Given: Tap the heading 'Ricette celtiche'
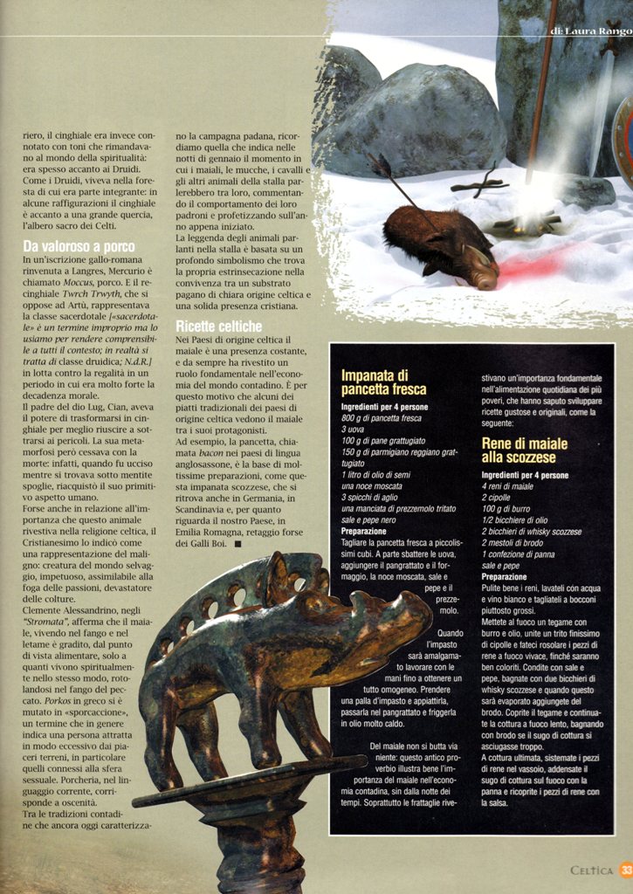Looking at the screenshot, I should click(218, 326).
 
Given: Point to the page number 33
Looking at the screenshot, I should click(626, 870).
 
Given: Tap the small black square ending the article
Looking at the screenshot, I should click(238, 543).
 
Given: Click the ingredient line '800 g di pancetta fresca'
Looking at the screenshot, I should click(382, 418).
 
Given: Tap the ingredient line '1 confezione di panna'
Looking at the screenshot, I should click(520, 554).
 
